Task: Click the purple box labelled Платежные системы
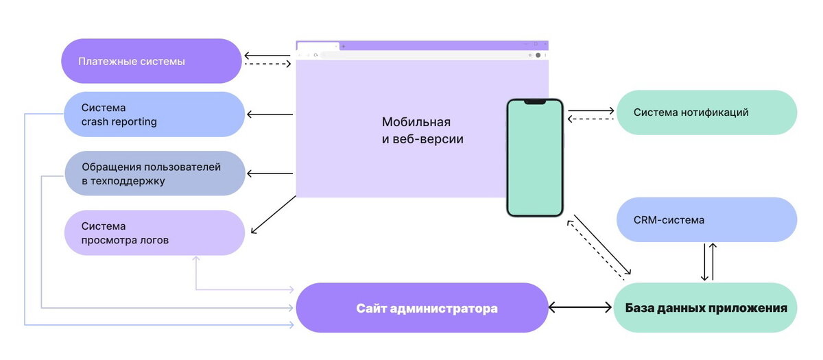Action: pyautogui.click(x=151, y=61)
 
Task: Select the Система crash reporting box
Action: pyautogui.click(x=154, y=114)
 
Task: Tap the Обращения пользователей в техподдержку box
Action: pyautogui.click(x=154, y=173)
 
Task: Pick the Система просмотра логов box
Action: pyautogui.click(x=154, y=232)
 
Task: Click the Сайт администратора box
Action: pyautogui.click(x=422, y=308)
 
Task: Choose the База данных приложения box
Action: pyautogui.click(x=705, y=308)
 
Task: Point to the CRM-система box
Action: pyautogui.click(x=706, y=220)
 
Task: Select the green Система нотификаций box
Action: pyautogui.click(x=706, y=112)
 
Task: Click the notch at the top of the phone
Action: pyautogui.click(x=535, y=102)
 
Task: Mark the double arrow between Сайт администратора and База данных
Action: pyautogui.click(x=580, y=308)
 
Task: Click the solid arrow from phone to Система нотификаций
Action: pyautogui.click(x=591, y=110)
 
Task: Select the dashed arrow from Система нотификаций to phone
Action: pyautogui.click(x=591, y=119)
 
